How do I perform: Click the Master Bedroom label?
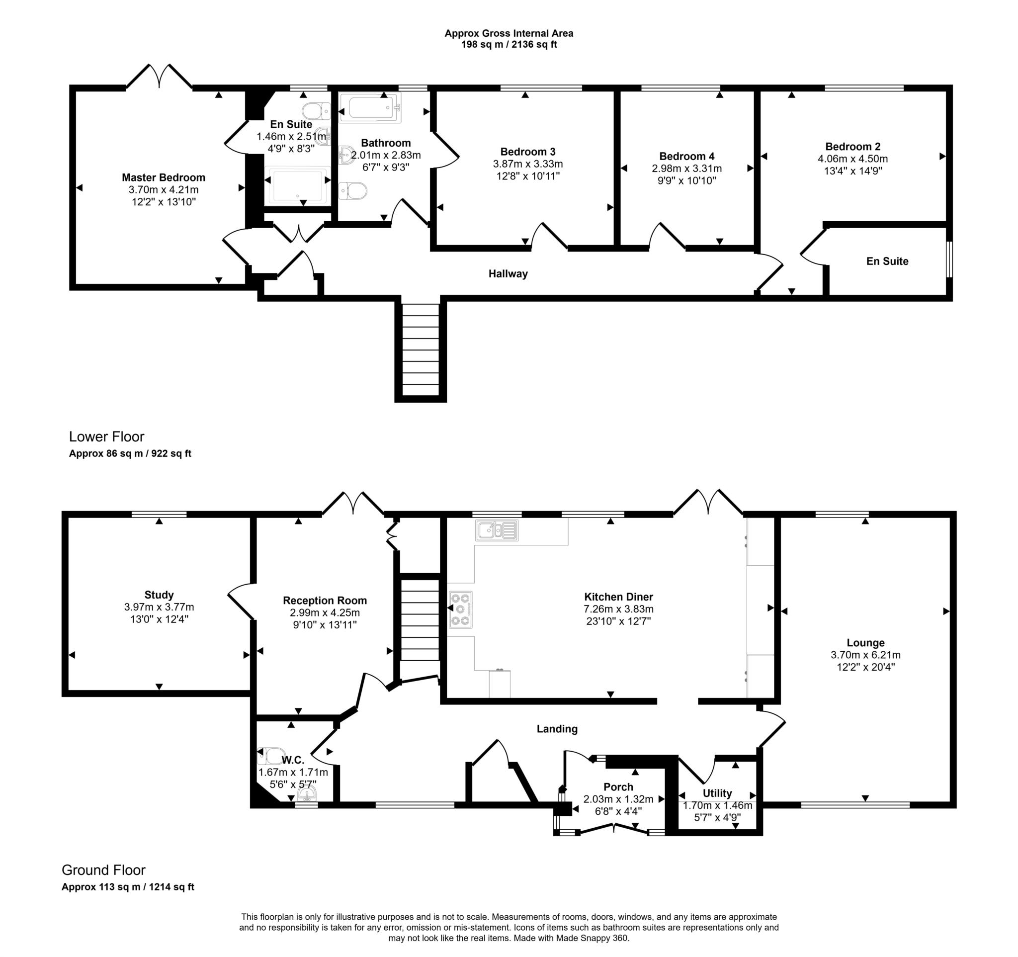[x=164, y=177]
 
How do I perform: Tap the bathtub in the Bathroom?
[x=369, y=107]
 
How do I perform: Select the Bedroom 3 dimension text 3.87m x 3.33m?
[x=527, y=164]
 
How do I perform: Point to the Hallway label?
[x=508, y=274]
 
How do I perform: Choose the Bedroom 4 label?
[x=686, y=156]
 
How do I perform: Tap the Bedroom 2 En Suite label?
[x=887, y=261]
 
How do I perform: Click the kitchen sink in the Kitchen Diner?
[x=496, y=530]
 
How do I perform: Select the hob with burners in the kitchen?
[x=460, y=609]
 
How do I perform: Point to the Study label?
[x=159, y=595]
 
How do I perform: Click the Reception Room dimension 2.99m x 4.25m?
[x=325, y=613]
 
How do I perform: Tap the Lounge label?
[x=865, y=643]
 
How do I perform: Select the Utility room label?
[x=717, y=793]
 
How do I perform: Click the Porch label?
[x=618, y=787]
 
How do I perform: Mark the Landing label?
[x=557, y=729]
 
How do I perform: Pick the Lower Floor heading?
[x=106, y=437]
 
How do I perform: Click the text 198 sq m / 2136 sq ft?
[x=509, y=45]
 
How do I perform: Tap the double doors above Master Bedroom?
[x=159, y=77]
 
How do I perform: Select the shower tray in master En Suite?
[x=298, y=186]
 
